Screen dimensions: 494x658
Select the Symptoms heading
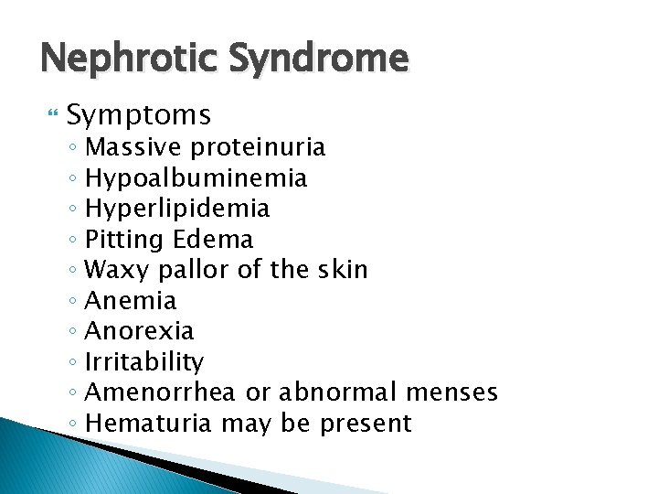pos(139,115)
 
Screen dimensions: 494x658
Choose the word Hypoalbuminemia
pos(195,177)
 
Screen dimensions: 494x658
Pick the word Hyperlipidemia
pos(176,209)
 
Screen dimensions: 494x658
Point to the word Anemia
pos(130,300)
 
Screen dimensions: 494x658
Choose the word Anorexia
pos(138,330)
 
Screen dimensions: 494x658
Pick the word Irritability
pos(143,361)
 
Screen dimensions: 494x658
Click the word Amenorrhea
pos(160,392)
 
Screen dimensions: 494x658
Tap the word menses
pos(449,392)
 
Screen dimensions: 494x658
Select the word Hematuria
pos(147,424)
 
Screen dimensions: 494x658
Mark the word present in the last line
pos(366,424)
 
